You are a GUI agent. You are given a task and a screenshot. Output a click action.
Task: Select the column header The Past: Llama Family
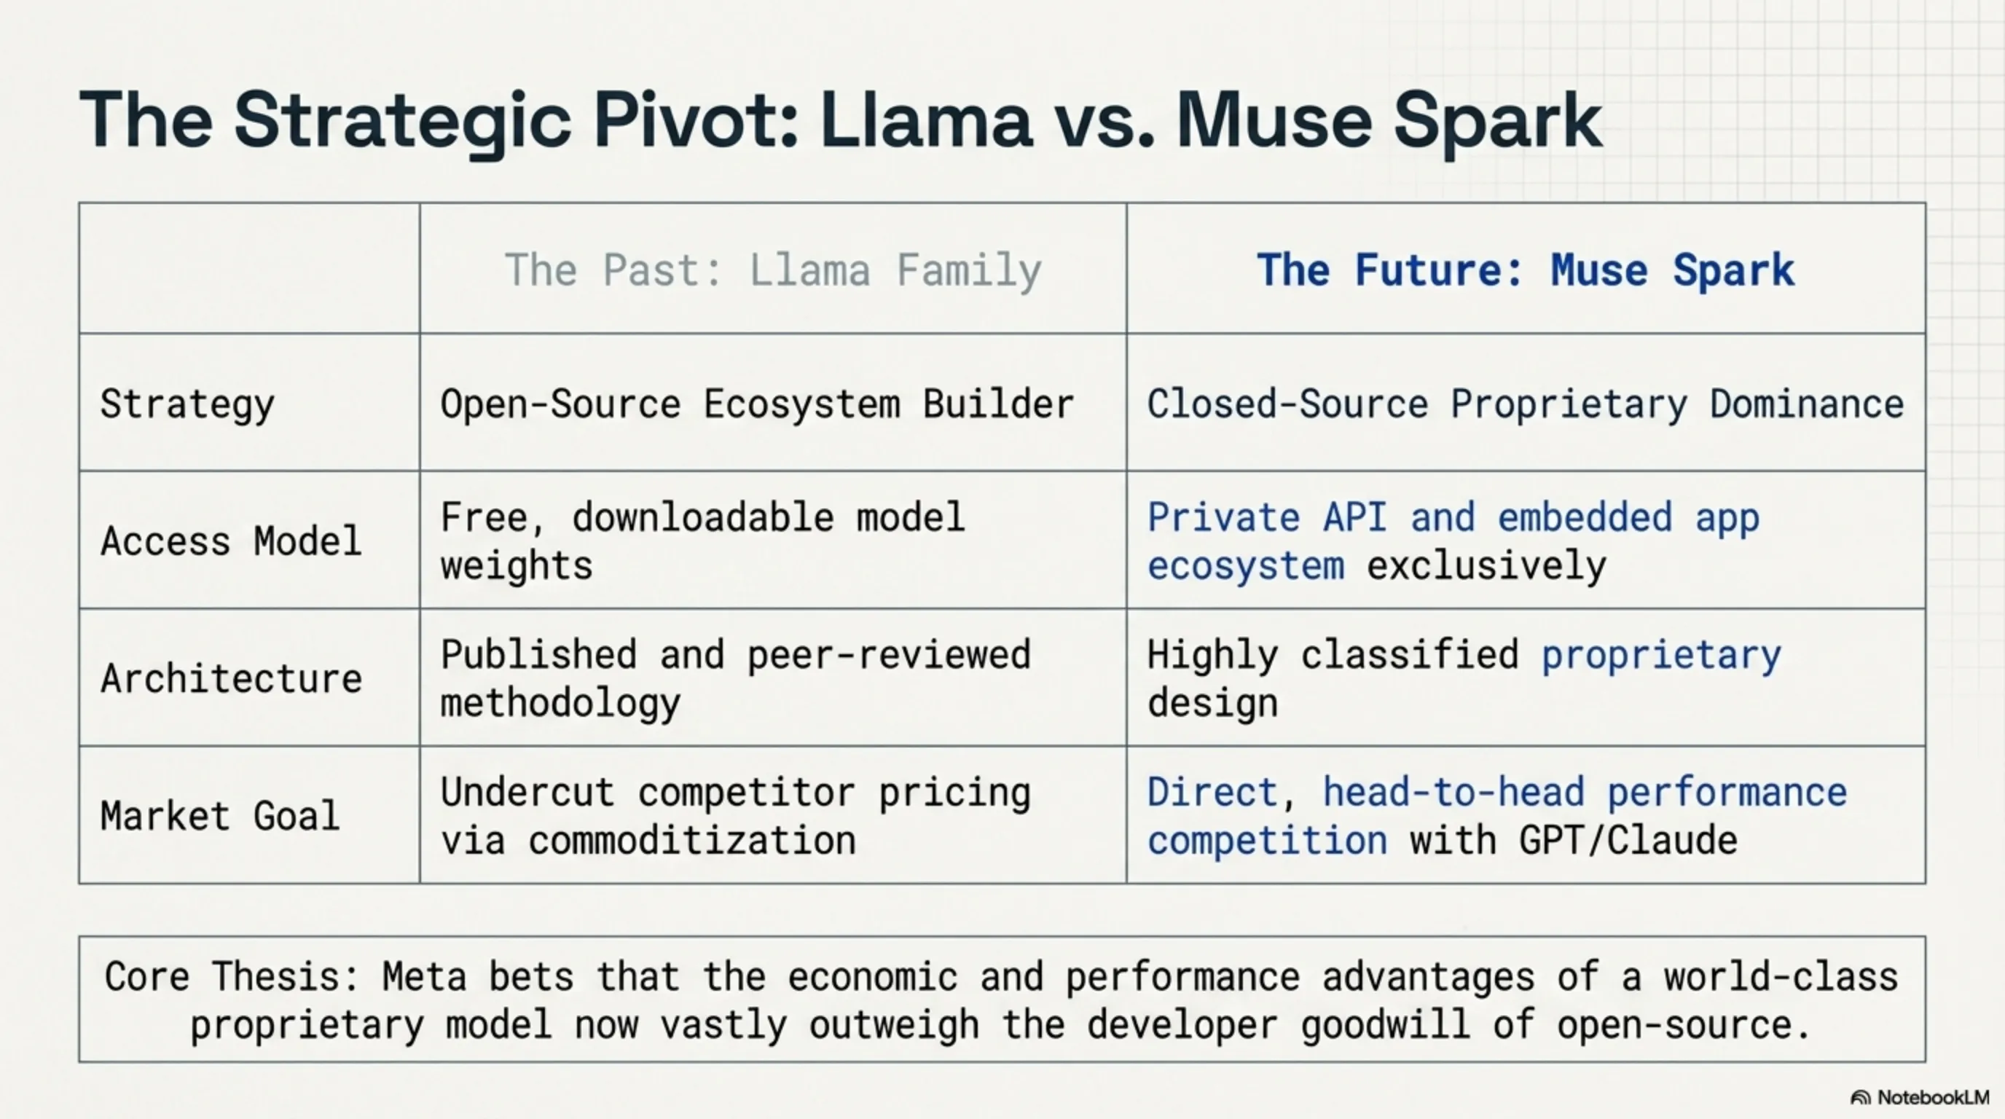[x=773, y=270]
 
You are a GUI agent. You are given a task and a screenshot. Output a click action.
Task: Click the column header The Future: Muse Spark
[x=1526, y=270]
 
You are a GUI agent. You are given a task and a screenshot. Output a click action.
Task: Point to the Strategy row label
[x=187, y=404]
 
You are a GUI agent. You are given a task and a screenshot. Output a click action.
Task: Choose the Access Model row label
[x=231, y=541]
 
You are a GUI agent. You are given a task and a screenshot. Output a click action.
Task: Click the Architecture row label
[x=231, y=678]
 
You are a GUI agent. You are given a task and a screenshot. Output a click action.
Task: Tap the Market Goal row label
[x=220, y=815]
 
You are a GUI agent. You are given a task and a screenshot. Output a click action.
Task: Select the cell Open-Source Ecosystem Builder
[x=757, y=404]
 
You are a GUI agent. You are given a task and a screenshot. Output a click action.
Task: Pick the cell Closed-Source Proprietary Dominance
[x=1526, y=404]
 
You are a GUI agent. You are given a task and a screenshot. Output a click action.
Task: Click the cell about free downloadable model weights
[x=703, y=541]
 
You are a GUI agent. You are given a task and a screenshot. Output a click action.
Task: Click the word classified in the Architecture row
[x=1410, y=654]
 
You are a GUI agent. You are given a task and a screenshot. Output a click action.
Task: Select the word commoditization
[x=692, y=841]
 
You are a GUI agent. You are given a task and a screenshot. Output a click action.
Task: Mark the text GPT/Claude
[x=1628, y=841]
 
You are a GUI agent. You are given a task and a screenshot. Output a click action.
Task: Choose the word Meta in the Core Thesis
[x=424, y=978]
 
